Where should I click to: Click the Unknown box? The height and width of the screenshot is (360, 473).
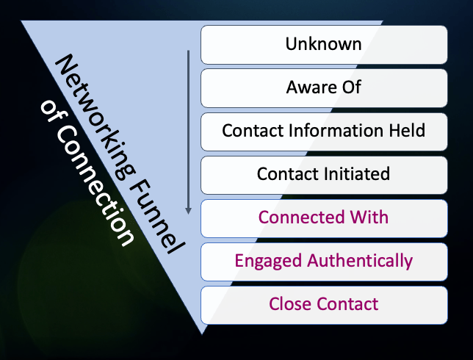324,44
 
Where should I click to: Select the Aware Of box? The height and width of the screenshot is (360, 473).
324,87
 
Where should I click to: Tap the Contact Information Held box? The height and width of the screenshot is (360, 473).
324,131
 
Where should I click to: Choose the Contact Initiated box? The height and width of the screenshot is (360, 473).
324,174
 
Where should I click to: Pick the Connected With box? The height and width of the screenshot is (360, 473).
324,217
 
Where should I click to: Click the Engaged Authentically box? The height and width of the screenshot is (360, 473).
324,261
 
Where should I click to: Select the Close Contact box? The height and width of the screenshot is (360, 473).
324,304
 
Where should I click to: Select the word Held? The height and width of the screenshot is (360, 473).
406,131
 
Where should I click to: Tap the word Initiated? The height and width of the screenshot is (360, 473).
355,174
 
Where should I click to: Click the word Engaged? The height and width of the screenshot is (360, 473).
265,261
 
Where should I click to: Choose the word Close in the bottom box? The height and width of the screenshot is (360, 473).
289,304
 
